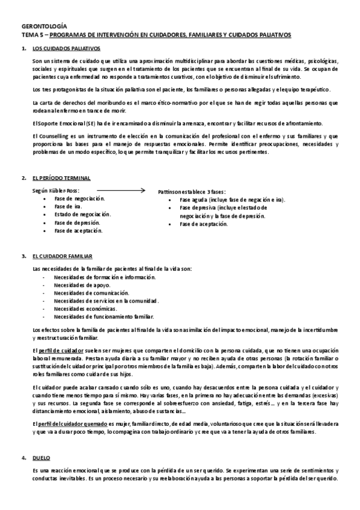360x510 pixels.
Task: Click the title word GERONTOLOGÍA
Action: (44, 27)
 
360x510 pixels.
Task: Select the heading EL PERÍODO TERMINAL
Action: (61, 179)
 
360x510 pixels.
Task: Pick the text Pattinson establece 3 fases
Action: (192, 191)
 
